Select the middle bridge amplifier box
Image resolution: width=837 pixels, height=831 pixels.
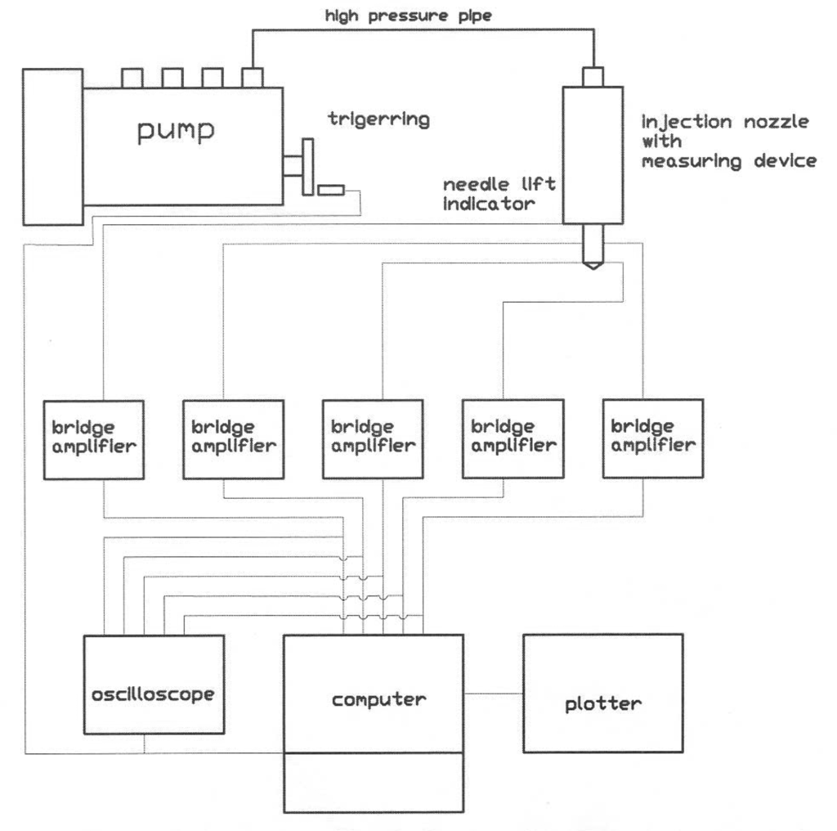click(x=372, y=439)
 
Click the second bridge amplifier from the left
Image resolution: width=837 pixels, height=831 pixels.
click(x=235, y=439)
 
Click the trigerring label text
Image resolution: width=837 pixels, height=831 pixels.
click(x=378, y=119)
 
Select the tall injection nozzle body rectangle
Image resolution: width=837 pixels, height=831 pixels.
click(x=593, y=155)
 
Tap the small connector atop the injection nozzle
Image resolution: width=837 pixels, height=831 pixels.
click(x=593, y=77)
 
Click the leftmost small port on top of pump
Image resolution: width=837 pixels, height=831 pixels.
click(x=132, y=78)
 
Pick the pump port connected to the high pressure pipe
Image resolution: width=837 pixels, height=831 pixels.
click(x=252, y=78)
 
